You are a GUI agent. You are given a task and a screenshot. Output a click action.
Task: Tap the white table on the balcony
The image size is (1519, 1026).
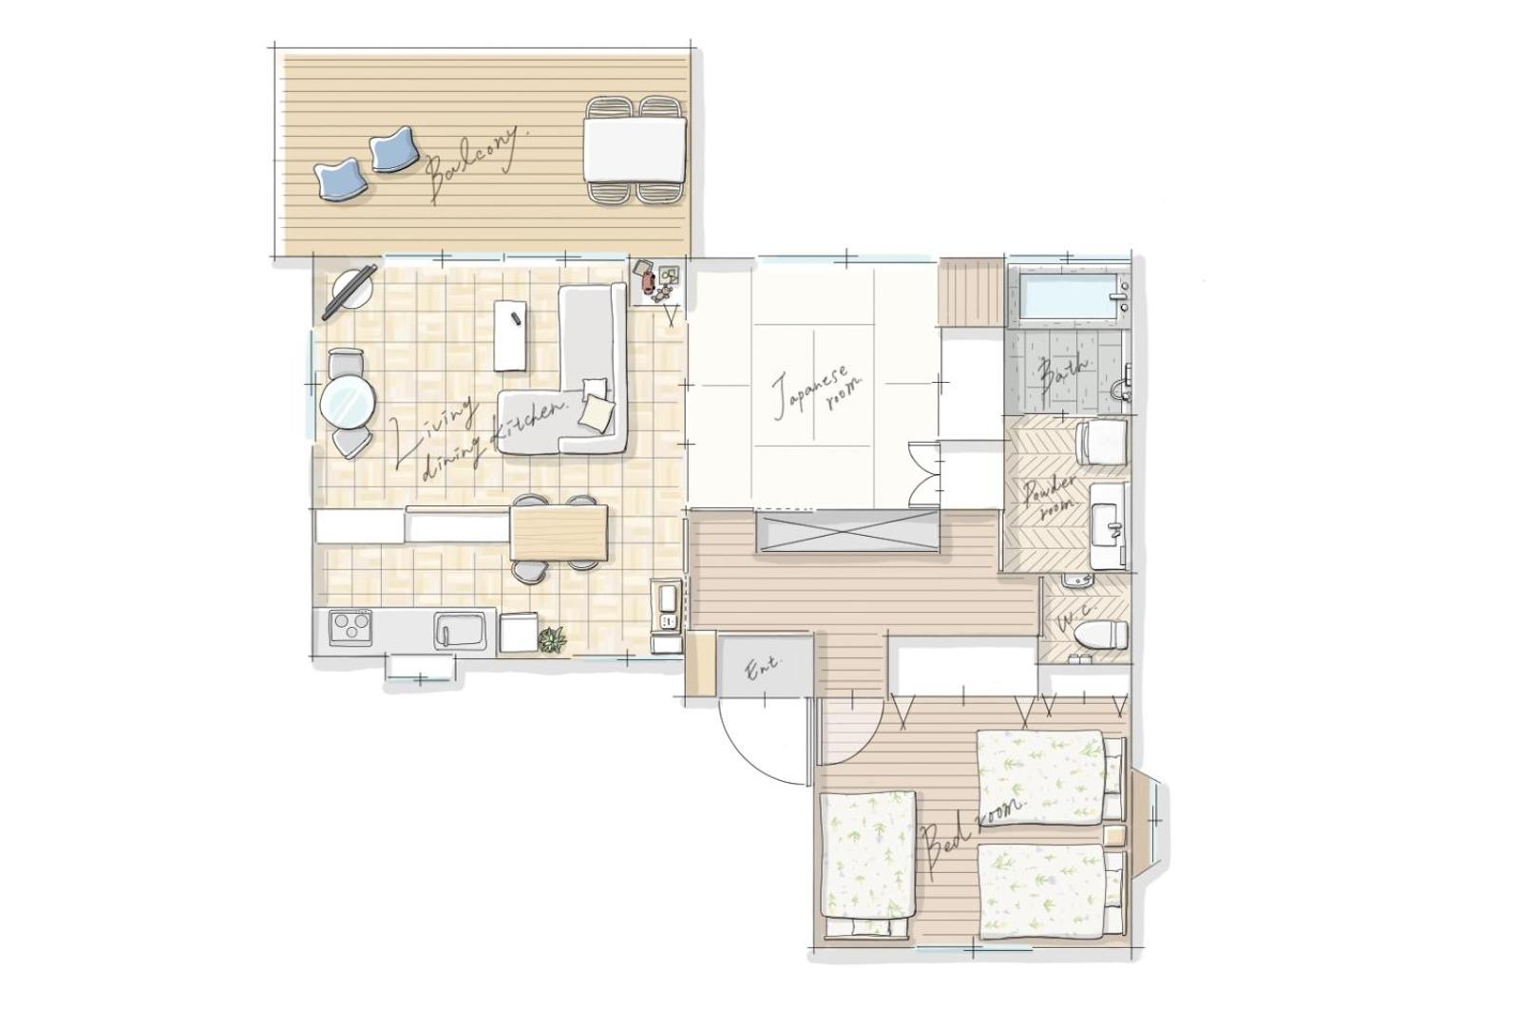(x=636, y=149)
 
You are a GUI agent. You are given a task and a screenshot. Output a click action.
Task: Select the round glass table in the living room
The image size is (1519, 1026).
(x=348, y=402)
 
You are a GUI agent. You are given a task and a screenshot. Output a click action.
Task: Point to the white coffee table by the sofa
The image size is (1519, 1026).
(x=511, y=335)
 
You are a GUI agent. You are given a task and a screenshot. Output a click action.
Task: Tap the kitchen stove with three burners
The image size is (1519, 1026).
(x=351, y=627)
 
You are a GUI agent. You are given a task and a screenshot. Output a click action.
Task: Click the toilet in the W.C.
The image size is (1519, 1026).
(x=1102, y=634)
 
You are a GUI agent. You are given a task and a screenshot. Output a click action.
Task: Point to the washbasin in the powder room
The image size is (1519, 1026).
(x=1107, y=526)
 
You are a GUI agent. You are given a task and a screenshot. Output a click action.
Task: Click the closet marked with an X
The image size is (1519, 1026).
(x=847, y=532)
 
